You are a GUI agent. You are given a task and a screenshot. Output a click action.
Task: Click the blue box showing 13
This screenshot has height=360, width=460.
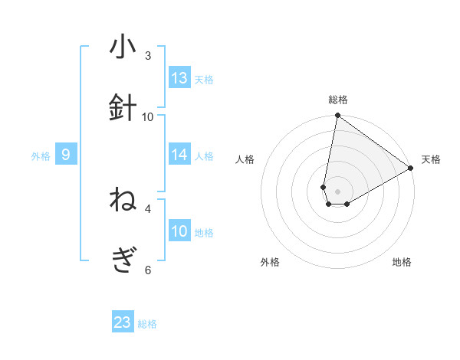[x=179, y=78]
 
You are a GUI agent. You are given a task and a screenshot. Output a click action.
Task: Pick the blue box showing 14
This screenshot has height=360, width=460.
[x=179, y=155]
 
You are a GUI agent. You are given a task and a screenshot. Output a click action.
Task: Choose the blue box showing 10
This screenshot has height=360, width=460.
[x=179, y=231]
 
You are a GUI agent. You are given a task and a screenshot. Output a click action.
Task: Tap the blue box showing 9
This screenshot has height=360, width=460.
[x=66, y=155]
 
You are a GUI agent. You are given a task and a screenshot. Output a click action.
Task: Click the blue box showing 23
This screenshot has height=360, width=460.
[x=123, y=322]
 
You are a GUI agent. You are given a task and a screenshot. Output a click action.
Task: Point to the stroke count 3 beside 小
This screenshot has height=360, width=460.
[x=148, y=56]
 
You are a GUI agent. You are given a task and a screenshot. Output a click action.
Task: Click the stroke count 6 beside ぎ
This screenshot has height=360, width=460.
[x=148, y=270]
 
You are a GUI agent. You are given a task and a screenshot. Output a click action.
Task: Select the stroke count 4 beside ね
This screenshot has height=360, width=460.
[x=148, y=208]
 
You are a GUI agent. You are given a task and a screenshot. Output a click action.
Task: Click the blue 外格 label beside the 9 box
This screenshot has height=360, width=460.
[x=41, y=156]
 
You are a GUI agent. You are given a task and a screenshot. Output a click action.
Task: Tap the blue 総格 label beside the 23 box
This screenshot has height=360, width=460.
[x=147, y=324]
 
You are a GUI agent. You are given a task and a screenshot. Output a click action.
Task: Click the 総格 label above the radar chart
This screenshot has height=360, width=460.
[x=338, y=100]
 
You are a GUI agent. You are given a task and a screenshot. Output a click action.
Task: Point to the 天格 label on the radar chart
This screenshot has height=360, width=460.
[x=431, y=159]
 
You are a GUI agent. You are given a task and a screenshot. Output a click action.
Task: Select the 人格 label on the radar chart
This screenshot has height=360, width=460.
[x=245, y=159]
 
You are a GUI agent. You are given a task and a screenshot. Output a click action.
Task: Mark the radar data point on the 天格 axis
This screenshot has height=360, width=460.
[x=411, y=169]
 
